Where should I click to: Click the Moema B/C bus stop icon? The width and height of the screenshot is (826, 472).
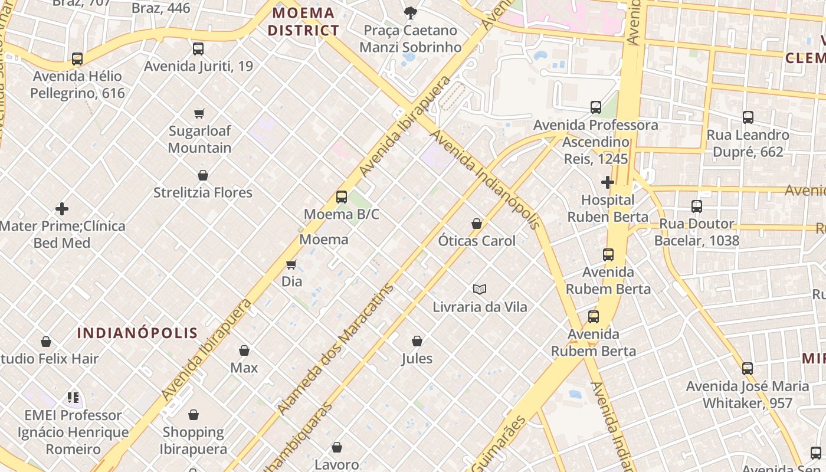(341, 197)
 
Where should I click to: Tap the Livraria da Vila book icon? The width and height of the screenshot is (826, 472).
(480, 289)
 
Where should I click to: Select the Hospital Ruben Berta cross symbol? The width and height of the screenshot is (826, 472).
(608, 182)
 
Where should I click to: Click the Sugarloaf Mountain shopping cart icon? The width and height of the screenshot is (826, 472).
(199, 113)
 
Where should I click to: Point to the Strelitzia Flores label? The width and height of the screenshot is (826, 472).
(202, 193)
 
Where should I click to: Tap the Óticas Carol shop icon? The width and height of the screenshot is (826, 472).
(477, 224)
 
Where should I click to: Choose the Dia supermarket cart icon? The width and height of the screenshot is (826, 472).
(291, 264)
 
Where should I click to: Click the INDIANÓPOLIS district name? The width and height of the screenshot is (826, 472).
(137, 333)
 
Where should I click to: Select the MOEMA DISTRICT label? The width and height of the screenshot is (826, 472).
(304, 22)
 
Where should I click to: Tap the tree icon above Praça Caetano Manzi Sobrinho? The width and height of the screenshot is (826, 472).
(410, 12)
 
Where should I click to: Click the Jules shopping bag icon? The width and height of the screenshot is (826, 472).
(417, 341)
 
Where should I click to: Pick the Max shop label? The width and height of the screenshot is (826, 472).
(244, 368)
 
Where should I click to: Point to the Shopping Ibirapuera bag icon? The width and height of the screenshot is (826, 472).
(194, 415)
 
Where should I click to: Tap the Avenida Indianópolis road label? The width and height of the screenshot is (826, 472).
(485, 179)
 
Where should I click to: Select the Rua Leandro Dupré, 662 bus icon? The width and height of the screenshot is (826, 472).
(748, 117)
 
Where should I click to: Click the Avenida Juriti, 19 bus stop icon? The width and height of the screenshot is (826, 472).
(198, 49)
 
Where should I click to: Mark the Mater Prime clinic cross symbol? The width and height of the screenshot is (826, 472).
(62, 209)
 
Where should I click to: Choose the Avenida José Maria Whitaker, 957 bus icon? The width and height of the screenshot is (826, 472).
(748, 369)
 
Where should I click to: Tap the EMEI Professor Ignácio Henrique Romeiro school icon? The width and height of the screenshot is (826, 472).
(73, 398)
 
